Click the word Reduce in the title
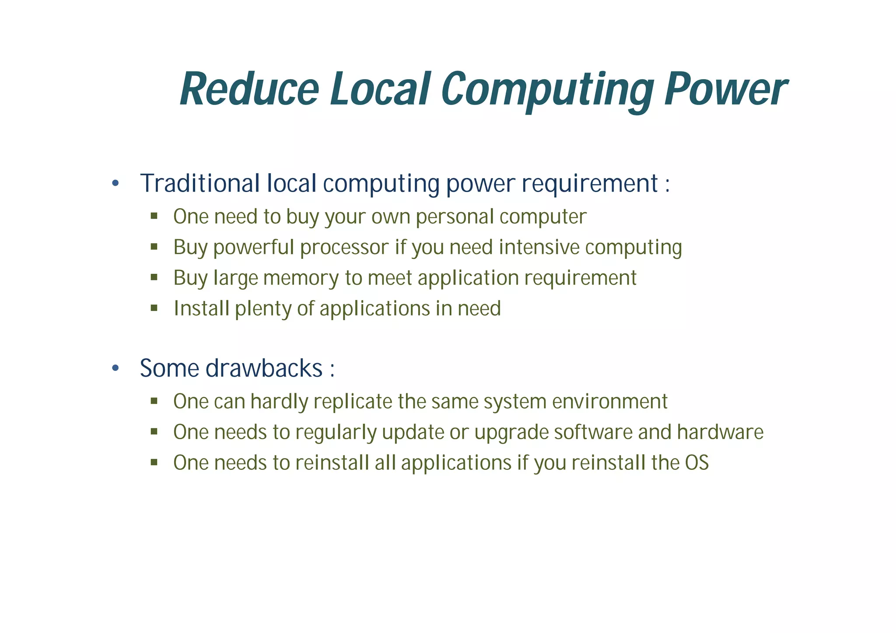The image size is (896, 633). tap(249, 90)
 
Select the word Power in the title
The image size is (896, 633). tap(725, 90)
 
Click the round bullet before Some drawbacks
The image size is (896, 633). tap(115, 368)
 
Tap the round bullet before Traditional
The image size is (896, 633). tap(115, 183)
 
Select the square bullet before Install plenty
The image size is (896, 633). tap(154, 308)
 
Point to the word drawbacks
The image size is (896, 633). tap(264, 368)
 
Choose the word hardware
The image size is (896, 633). tap(720, 432)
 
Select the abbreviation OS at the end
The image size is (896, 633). tap(696, 463)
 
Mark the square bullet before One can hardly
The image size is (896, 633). tap(154, 401)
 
